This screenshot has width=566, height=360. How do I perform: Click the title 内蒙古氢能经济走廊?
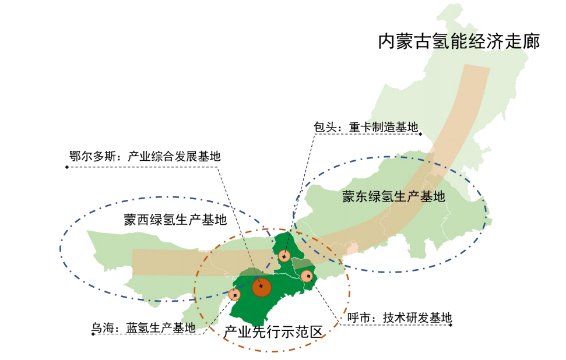coord(458,41)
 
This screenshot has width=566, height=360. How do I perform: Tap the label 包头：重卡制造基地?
coord(366,126)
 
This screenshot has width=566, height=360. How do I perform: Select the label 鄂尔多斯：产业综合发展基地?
coord(145,156)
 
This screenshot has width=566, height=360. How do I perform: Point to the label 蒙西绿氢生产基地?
coord(175,220)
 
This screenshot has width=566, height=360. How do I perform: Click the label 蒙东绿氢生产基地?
coord(393,196)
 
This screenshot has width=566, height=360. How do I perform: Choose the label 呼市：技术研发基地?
coord(399,318)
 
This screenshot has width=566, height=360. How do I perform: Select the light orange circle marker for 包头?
coord(284,256)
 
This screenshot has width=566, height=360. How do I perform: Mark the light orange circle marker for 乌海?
coord(234,295)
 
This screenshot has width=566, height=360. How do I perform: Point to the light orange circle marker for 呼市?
coord(307,276)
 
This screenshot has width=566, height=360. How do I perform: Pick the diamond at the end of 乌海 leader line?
coord(93,334)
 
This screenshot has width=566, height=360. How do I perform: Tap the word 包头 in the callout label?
coord(323,126)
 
